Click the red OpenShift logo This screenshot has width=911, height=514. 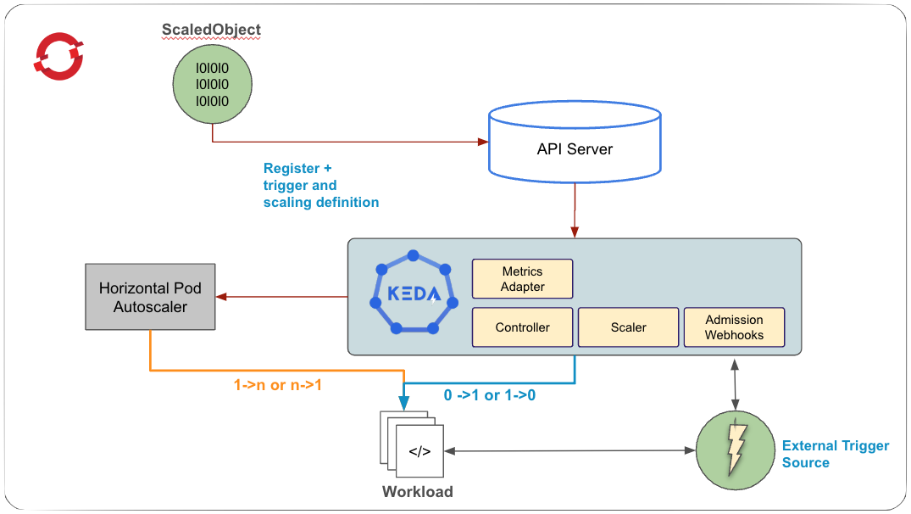click(58, 57)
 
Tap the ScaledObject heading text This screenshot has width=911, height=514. click(211, 30)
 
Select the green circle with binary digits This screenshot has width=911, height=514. click(212, 86)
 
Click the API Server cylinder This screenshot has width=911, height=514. click(575, 149)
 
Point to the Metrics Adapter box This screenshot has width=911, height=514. click(522, 279)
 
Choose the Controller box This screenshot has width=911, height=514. click(522, 327)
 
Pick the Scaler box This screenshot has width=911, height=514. click(628, 327)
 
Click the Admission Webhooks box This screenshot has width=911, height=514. click(734, 327)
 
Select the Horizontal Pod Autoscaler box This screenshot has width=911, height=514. click(149, 297)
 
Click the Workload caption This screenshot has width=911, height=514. click(417, 492)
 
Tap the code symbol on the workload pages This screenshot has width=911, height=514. click(419, 451)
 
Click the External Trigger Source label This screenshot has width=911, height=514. click(835, 454)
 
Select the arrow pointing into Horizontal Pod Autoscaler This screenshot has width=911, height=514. click(280, 297)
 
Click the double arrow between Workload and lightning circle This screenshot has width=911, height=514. click(568, 450)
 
